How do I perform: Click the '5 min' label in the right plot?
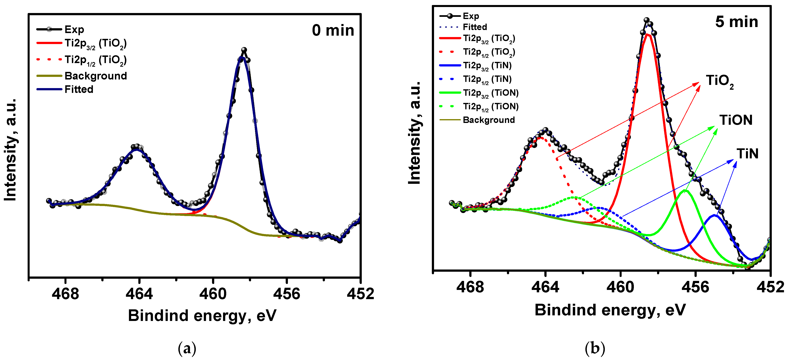coord(736,22)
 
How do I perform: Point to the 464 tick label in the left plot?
coord(139,294)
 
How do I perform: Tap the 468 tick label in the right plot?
coord(470,287)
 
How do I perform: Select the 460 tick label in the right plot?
coord(620,287)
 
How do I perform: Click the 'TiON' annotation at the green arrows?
coord(736,120)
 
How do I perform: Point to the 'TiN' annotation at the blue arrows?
coord(747,154)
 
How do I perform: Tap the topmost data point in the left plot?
coord(244,50)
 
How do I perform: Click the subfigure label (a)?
coord(187,348)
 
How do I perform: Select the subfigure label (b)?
coord(595,348)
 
